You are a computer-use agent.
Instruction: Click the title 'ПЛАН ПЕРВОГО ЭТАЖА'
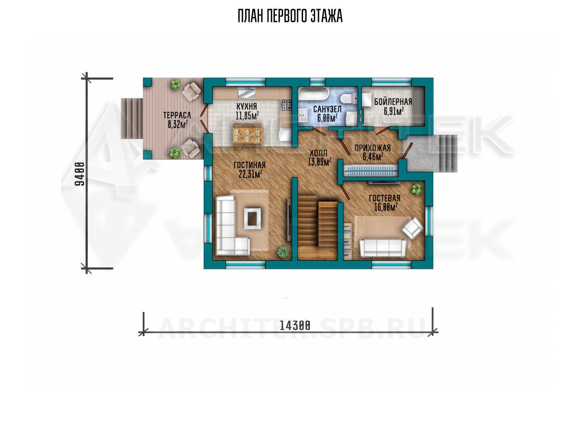[290, 16]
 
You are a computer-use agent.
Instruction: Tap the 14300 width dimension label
[295, 326]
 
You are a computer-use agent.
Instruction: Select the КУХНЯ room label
[247, 107]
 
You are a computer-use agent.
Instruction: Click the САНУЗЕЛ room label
[328, 109]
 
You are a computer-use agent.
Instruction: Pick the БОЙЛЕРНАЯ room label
[393, 102]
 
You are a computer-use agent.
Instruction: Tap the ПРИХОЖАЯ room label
[372, 148]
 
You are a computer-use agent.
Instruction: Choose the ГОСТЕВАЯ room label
[385, 198]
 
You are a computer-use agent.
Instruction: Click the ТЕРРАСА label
[177, 115]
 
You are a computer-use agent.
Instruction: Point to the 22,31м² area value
[250, 174]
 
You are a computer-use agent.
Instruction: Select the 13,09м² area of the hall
[320, 162]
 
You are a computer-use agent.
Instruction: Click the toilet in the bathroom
[349, 99]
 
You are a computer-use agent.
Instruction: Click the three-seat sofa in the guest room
[382, 247]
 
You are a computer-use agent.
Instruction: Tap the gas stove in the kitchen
[286, 105]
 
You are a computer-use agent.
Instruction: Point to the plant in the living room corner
[282, 252]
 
